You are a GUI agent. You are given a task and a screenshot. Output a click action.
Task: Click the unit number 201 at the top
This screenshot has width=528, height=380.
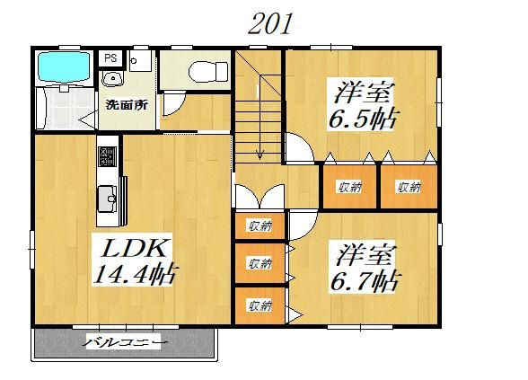[269, 24]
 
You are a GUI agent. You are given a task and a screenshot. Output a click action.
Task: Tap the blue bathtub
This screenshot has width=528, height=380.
[64, 66]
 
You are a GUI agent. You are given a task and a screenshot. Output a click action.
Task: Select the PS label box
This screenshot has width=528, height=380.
[111, 58]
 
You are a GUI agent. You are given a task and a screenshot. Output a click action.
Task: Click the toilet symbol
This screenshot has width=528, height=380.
[208, 72]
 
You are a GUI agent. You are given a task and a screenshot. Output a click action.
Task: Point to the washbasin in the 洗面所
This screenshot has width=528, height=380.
[113, 79]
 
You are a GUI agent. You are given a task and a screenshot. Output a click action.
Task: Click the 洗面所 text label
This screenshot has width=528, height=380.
[127, 105]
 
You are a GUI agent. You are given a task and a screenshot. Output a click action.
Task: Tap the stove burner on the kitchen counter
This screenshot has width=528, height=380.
[108, 156]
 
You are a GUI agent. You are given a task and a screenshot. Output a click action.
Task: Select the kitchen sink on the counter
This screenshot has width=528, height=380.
[108, 199]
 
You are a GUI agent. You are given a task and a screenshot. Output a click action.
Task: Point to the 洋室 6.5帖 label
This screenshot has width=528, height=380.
[364, 106]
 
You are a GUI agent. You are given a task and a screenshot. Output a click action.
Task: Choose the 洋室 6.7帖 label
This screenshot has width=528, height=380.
[365, 267]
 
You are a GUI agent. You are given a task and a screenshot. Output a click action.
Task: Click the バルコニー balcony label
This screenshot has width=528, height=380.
[126, 343]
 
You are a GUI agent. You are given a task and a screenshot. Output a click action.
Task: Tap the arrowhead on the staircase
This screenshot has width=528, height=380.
[260, 155]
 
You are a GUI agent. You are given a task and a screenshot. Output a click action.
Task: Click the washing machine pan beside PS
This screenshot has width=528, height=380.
[140, 61]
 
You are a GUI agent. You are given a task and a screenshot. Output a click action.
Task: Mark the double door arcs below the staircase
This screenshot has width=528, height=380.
[260, 196]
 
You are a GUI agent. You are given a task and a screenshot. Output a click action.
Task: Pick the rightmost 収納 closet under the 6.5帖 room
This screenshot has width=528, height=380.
[409, 187]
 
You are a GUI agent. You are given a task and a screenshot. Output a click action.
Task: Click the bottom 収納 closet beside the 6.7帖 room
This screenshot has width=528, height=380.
[260, 305]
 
